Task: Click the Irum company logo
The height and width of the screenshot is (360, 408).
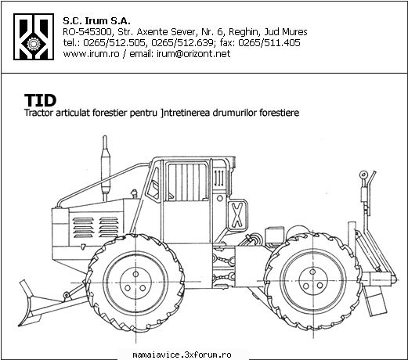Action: click(x=34, y=37)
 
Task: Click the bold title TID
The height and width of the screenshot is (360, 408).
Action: click(x=40, y=100)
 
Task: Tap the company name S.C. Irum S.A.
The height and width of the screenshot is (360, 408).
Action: click(x=96, y=20)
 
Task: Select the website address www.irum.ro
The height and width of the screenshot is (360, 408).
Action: click(x=91, y=54)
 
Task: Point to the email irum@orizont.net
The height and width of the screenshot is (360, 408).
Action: click(x=193, y=54)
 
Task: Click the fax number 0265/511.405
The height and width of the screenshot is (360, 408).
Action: click(x=269, y=43)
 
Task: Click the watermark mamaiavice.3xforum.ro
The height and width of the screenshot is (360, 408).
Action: click(x=182, y=355)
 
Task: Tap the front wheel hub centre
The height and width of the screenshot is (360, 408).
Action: click(x=135, y=282)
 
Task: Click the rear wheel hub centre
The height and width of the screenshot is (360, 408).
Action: click(x=312, y=281)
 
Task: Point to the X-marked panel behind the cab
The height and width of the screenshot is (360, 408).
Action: click(x=237, y=215)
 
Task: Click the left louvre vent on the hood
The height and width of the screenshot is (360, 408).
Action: click(x=84, y=228)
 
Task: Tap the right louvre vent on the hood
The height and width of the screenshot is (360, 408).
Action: click(x=109, y=228)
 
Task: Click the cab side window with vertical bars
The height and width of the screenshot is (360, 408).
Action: click(x=186, y=182)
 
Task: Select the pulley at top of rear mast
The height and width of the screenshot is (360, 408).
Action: click(x=363, y=175)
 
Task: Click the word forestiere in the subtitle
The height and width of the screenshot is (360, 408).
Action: click(x=279, y=113)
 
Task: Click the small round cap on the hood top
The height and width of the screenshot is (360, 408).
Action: click(x=134, y=193)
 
